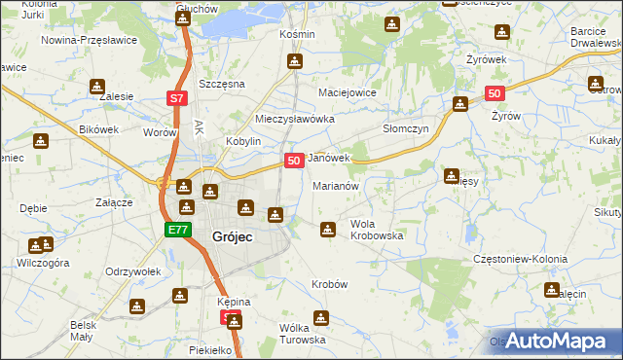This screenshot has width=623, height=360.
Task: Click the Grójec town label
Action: point(234,234)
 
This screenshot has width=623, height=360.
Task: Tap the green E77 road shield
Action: point(176,230)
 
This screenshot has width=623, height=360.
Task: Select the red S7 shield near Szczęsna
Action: point(176,98)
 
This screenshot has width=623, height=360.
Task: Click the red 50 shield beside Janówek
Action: point(293,159)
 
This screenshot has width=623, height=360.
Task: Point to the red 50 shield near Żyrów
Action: point(494,93)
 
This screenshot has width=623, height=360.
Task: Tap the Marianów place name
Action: point(336,185)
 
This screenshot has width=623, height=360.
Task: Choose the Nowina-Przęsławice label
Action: point(89,41)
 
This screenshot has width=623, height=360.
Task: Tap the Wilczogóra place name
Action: point(43,263)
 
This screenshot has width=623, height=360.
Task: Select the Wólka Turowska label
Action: point(301,334)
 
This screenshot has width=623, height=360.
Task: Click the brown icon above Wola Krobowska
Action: point(328,229)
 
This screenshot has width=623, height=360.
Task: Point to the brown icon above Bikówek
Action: point(40,141)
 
